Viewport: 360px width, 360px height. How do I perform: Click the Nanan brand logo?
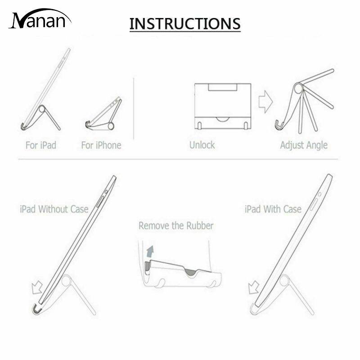[40, 19]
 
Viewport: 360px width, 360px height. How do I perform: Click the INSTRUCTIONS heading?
[185, 24]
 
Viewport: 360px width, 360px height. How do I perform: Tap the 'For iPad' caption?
[41, 145]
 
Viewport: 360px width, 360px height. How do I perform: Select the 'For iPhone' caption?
[101, 145]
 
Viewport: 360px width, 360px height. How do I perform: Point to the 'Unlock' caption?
[202, 145]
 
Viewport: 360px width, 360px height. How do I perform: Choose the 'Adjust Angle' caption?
[304, 145]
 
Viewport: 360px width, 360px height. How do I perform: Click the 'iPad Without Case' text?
[54, 209]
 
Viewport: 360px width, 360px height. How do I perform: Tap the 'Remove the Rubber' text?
[176, 226]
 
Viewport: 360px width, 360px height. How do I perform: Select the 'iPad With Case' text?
[273, 209]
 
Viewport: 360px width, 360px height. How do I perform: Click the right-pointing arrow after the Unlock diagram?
[265, 102]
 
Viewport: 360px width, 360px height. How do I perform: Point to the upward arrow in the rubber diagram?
[150, 251]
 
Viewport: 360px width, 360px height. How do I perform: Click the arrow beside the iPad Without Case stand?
[37, 288]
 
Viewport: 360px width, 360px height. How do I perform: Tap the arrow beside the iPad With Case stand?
[254, 288]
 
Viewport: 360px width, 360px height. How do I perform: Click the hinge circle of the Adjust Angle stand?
[299, 88]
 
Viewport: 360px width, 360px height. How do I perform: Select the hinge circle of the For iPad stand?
[42, 108]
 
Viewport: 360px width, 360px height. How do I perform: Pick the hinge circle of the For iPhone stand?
[111, 126]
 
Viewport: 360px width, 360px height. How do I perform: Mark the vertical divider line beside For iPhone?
[134, 108]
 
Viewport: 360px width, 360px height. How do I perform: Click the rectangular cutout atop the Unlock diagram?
[222, 87]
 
